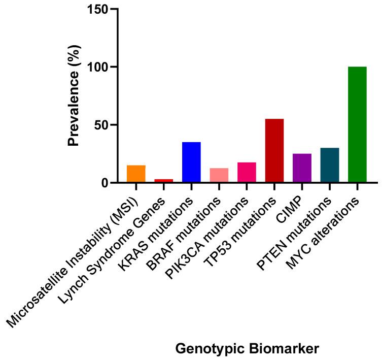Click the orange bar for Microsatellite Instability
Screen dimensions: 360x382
coord(136,174)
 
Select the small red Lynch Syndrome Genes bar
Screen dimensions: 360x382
coord(163,180)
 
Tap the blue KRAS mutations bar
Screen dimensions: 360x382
coord(191,162)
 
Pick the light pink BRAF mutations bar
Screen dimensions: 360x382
coord(219,175)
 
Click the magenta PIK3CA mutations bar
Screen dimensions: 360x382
coord(247,172)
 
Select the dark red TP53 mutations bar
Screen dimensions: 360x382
coord(274,150)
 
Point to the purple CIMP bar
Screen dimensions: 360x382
coord(302,168)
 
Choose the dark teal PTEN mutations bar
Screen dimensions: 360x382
coord(330,165)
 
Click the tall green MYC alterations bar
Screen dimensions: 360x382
coord(357,124)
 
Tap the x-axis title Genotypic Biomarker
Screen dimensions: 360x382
coord(247,349)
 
